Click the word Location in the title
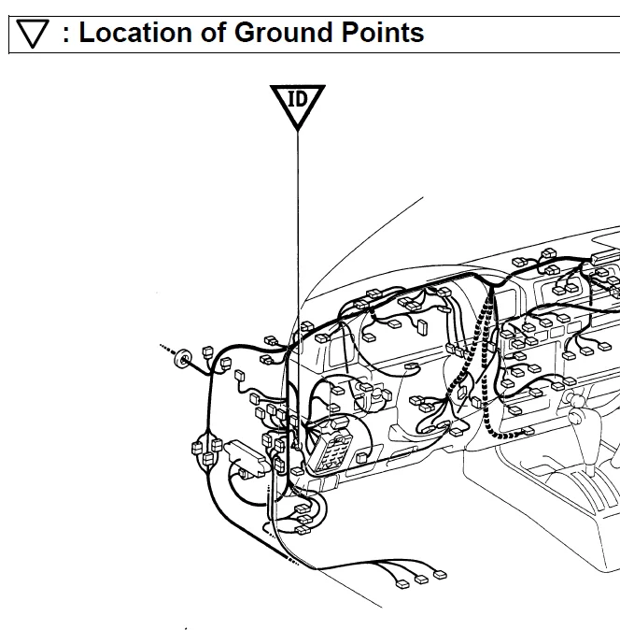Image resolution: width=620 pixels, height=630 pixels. click(x=135, y=32)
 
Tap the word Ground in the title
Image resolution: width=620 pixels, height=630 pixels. click(x=283, y=32)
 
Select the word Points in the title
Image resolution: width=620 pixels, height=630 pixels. click(x=383, y=32)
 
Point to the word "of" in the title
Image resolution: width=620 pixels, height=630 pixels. click(x=214, y=32)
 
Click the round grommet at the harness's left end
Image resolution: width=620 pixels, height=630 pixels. click(x=183, y=358)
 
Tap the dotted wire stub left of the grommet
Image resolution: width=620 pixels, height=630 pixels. click(x=167, y=350)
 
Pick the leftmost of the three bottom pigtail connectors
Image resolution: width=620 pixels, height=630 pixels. click(x=402, y=584)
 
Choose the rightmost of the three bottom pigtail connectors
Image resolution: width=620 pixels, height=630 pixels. click(x=440, y=575)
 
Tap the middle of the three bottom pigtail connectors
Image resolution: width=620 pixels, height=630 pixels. click(x=421, y=580)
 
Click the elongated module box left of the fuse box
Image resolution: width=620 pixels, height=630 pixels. click(x=247, y=456)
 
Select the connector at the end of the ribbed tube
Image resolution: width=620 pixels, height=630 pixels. click(x=528, y=432)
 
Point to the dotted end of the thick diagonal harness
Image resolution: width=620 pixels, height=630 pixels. click(x=293, y=561)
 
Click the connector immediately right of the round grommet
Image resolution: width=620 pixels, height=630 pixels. click(x=207, y=352)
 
